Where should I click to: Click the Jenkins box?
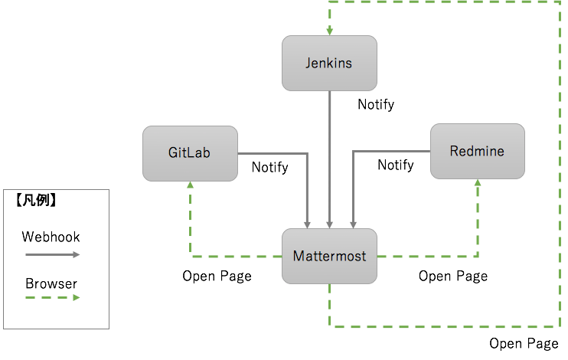pyautogui.click(x=329, y=63)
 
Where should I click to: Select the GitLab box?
pyautogui.click(x=190, y=153)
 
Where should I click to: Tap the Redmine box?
pyautogui.click(x=477, y=151)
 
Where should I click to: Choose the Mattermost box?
pyautogui.click(x=329, y=256)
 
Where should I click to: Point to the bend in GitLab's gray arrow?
pyautogui.click(x=307, y=153)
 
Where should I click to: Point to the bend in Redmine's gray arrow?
pyautogui.click(x=352, y=151)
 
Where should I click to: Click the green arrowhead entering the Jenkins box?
pyautogui.click(x=329, y=31)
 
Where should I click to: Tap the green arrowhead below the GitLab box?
pyautogui.click(x=190, y=186)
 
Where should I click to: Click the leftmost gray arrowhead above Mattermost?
pyautogui.click(x=307, y=224)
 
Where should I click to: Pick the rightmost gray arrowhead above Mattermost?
pyautogui.click(x=352, y=224)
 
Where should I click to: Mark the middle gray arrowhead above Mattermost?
pyautogui.click(x=329, y=224)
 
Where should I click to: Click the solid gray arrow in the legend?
pyautogui.click(x=53, y=254)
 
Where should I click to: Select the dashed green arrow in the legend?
pyautogui.click(x=53, y=297)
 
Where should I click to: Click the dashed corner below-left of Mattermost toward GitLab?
pyautogui.click(x=191, y=257)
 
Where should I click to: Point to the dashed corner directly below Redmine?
pyautogui.click(x=478, y=257)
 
